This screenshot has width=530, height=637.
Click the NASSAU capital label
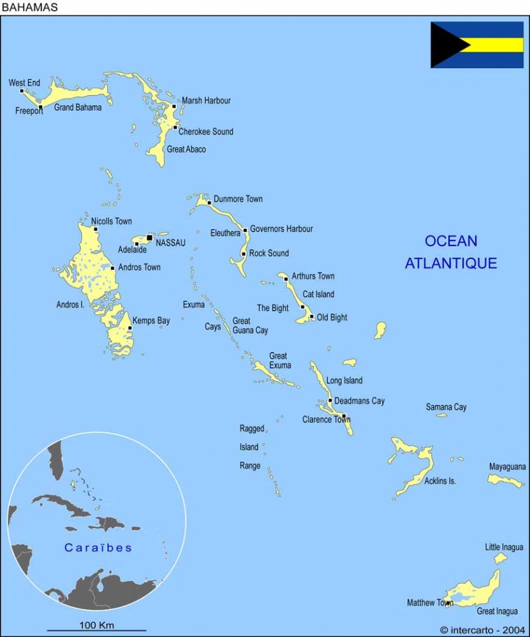pos(170,242)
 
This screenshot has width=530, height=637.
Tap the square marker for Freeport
pos(41,107)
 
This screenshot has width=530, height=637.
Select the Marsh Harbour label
pos(206,101)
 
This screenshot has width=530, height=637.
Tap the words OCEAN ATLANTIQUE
pos(451,252)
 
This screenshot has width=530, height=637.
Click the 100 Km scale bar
pos(96,630)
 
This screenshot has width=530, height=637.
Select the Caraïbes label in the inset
pos(98,548)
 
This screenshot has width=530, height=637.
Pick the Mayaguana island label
pos(508,467)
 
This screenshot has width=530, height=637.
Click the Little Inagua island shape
pos(501,558)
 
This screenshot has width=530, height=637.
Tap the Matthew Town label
pos(429,603)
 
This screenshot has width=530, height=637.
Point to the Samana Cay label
pos(446,407)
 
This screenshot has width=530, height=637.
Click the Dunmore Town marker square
pos(209,203)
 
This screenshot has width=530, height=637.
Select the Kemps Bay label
pos(151,321)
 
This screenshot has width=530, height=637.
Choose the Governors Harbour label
pos(281,229)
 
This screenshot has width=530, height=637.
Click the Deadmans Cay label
pos(359,401)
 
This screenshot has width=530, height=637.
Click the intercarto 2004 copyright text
pos(483,630)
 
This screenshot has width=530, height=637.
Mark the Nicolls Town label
pos(111,221)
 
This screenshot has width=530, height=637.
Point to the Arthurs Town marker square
pos(286,279)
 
